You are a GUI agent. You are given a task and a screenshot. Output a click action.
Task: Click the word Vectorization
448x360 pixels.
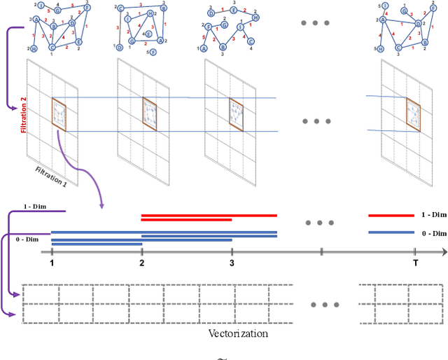click(238, 333)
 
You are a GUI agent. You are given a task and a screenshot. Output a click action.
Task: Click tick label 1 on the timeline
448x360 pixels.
click(52, 263)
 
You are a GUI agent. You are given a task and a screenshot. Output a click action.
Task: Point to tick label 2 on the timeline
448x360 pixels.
click(141, 263)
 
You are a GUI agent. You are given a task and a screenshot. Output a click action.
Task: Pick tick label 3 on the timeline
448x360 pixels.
click(232, 263)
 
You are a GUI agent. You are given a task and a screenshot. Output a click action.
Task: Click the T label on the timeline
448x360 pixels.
click(414, 263)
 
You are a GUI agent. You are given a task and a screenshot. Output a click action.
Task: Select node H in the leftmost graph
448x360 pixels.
click(33, 49)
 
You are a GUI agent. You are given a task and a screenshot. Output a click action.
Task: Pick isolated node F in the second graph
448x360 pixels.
click(153, 53)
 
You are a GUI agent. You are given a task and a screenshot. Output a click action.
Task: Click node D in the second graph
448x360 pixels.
click(120, 47)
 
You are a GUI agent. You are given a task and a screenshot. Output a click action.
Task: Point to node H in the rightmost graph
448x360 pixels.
click(380, 49)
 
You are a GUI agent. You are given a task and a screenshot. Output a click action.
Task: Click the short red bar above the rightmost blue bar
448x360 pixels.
click(391, 216)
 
